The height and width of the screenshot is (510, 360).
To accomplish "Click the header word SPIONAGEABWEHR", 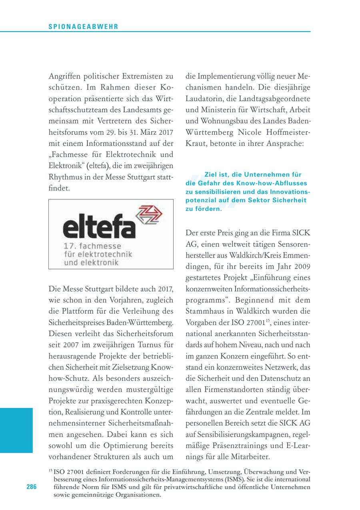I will click(x=83, y=27).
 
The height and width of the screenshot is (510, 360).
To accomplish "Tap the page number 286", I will click(x=32, y=486).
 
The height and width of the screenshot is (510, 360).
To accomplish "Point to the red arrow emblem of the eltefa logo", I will click(x=149, y=216).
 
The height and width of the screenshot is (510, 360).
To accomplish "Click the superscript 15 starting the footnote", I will click(x=50, y=470).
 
